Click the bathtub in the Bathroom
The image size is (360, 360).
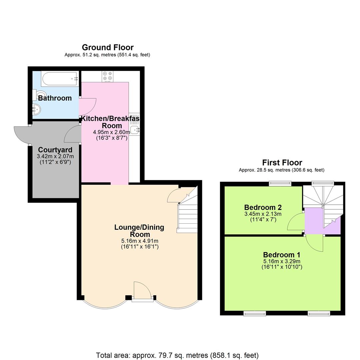[60, 79]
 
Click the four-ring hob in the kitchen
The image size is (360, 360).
[107, 76]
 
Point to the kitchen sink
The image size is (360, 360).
[135, 130]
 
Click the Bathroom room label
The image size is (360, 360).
[55, 98]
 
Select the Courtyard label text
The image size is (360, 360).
[55, 150]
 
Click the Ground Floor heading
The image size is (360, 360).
[107, 47]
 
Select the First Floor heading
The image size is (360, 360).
[282, 163]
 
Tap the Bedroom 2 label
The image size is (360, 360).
[263, 207]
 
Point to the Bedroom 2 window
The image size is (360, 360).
[280, 183]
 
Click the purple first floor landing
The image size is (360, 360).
[315, 221]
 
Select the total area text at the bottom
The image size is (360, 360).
[177, 355]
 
